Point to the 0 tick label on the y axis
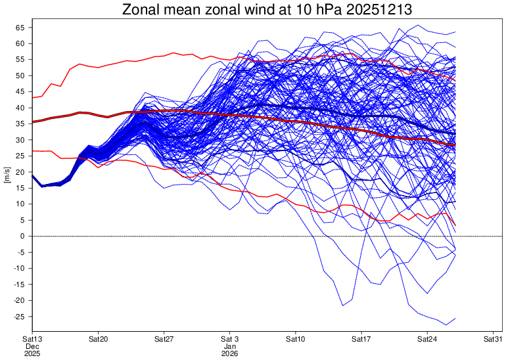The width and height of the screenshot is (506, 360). [22, 236]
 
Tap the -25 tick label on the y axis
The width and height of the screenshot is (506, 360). [18, 317]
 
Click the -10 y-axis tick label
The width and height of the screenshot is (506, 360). [18, 268]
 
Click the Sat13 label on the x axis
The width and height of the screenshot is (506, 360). [33, 338]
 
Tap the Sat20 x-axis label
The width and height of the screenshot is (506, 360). [99, 338]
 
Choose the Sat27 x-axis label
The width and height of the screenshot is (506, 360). [164, 338]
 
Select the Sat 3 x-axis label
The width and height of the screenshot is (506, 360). [230, 338]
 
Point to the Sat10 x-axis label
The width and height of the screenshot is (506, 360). [296, 338]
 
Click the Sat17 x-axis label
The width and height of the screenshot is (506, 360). [361, 338]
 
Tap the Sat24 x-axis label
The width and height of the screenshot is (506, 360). [428, 338]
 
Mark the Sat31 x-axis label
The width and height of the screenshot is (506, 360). [494, 338]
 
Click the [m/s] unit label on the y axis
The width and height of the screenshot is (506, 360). [6, 175]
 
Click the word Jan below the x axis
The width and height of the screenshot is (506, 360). [229, 346]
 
